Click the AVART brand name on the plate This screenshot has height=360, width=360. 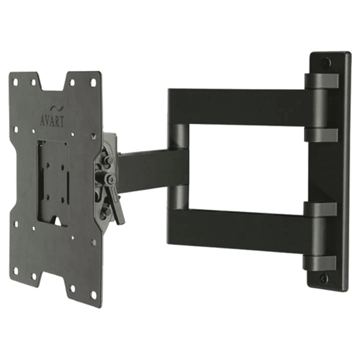(x=52, y=122)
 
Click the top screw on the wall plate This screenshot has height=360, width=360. (x=327, y=63)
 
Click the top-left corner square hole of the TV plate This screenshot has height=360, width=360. (x=16, y=81)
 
